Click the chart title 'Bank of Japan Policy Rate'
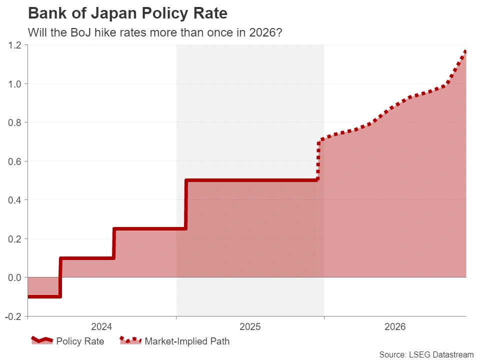click(x=127, y=13)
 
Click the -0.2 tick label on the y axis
click(x=13, y=316)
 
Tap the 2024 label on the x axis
click(x=101, y=327)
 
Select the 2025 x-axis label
click(x=250, y=327)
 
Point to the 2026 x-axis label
click(x=395, y=327)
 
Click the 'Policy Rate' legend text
click(x=80, y=341)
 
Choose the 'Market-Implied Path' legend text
click(x=187, y=341)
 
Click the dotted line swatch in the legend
click(x=130, y=340)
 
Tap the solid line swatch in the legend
click(x=42, y=340)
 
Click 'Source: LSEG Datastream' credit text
click(x=426, y=354)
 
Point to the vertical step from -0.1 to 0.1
click(x=60, y=277)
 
